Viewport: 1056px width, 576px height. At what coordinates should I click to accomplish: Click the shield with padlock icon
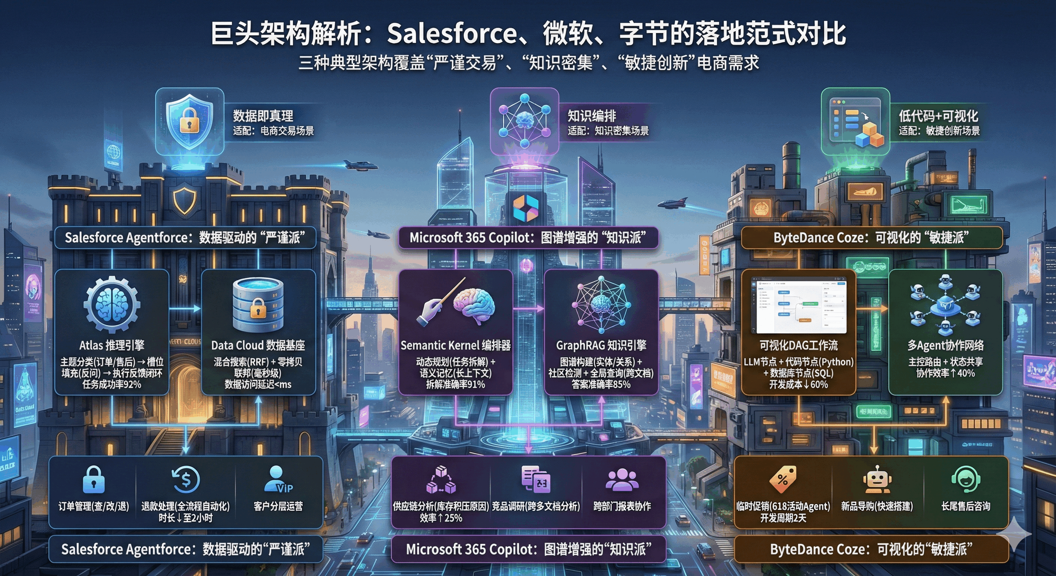click(x=189, y=119)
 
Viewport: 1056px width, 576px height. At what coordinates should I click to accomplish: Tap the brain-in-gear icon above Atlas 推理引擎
click(x=111, y=304)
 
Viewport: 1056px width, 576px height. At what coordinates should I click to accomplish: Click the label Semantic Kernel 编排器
click(x=456, y=346)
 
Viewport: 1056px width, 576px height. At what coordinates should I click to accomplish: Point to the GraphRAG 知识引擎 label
click(x=601, y=346)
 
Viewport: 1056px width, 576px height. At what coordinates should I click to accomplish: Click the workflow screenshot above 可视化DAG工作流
click(x=798, y=305)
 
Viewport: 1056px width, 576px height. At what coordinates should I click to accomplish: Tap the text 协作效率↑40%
click(x=945, y=373)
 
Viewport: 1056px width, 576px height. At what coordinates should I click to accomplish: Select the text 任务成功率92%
click(x=111, y=384)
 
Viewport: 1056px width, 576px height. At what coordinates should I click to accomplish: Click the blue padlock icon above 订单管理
click(x=93, y=479)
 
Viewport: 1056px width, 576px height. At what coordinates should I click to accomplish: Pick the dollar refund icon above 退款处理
click(x=186, y=479)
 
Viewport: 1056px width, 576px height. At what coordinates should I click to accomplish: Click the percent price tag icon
click(x=783, y=479)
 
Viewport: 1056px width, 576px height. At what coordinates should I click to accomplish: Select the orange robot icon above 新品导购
click(x=876, y=479)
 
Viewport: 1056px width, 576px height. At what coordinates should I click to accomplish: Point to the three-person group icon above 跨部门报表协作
click(x=622, y=479)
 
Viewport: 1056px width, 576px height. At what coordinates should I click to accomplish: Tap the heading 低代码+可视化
click(x=938, y=116)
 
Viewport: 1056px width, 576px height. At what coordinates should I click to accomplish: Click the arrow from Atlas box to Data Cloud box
click(x=185, y=308)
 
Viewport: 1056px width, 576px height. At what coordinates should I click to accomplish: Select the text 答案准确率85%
click(x=601, y=384)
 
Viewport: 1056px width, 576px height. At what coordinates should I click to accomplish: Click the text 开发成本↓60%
click(x=798, y=384)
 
